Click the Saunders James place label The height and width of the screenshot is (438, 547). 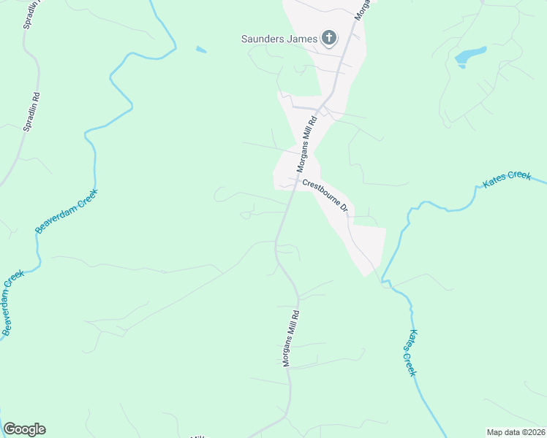(280, 39)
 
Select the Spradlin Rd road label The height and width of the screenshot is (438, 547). (31, 110)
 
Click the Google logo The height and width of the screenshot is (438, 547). (24, 429)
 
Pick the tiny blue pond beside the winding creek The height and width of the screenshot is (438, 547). (201, 50)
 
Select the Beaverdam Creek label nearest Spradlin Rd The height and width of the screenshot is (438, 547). (67, 212)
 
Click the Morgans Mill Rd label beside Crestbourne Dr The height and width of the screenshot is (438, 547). (306, 144)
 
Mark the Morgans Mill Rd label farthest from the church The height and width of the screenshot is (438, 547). (292, 336)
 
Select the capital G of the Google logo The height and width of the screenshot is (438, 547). (10, 429)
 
